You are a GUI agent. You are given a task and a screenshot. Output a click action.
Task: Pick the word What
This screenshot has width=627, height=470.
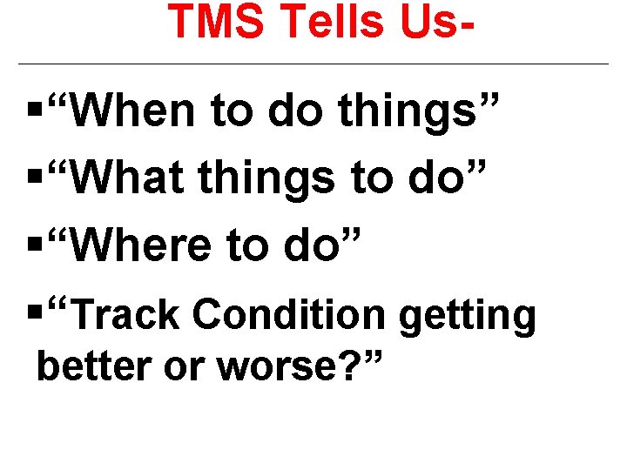point(130,179)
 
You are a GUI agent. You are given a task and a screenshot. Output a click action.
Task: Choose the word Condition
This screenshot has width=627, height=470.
point(288,315)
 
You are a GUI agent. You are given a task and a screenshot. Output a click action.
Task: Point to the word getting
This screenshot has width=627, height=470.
point(467,315)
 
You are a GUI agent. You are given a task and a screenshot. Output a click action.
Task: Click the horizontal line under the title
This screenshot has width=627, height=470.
point(313,64)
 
